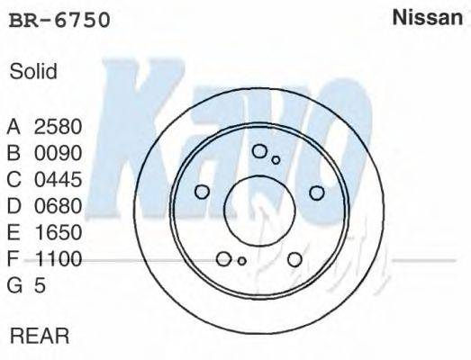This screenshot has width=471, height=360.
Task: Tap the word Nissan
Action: [x=427, y=19]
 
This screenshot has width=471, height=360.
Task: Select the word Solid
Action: [x=33, y=72]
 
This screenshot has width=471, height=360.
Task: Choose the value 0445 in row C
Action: [x=58, y=179]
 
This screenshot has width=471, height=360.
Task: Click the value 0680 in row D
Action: [x=58, y=206]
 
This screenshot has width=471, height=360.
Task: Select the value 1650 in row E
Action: [x=58, y=232]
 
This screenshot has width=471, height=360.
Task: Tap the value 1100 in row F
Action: [x=58, y=259]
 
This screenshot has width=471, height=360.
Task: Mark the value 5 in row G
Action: [x=40, y=286]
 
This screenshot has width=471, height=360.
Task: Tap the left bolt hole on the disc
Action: [x=202, y=192]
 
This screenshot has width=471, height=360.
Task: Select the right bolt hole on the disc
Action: [x=316, y=192]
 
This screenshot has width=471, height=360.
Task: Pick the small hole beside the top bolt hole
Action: [x=276, y=160]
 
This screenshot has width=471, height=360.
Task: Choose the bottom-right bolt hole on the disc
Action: [x=294, y=259]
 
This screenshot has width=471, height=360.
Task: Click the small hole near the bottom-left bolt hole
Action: [x=241, y=261]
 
